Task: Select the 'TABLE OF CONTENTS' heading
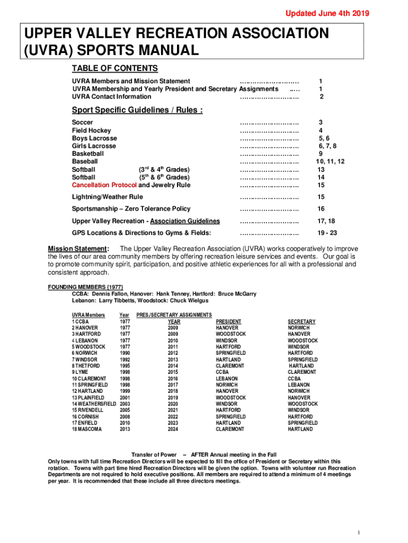tap(115, 68)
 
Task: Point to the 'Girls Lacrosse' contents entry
tap(94, 146)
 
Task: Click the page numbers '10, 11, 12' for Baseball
tap(330, 162)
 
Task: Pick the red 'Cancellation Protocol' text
tap(104, 185)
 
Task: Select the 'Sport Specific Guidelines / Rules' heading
tap(137, 110)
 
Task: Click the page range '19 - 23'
tap(327, 233)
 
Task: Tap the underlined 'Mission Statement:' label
tap(79, 249)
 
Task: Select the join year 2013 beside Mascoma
tap(125, 429)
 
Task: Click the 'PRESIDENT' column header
tap(228, 322)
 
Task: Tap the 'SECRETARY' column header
tap(301, 322)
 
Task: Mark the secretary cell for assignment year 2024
tap(300, 429)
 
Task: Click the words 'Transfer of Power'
tap(154, 455)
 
